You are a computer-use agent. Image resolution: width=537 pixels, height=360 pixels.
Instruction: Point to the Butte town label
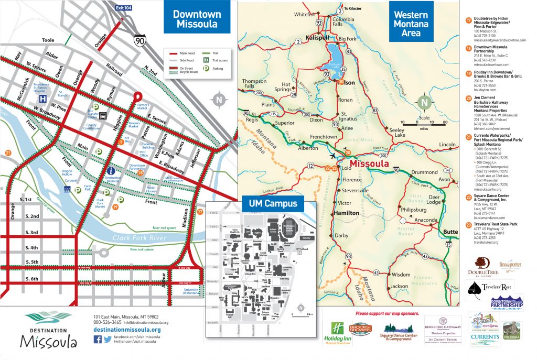(450, 231)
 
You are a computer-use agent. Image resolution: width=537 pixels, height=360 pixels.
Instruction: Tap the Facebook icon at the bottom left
(97, 339)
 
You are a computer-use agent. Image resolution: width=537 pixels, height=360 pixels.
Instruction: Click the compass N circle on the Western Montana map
(423, 102)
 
